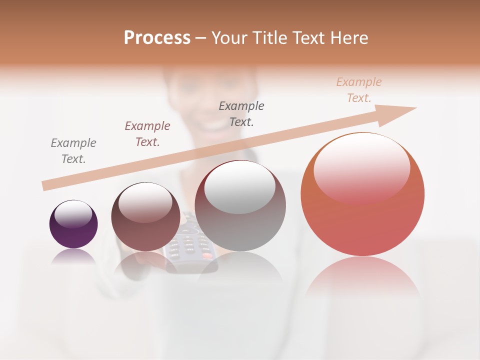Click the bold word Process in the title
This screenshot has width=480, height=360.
(x=157, y=37)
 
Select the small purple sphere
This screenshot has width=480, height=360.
(x=73, y=224)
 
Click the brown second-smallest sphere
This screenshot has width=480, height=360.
(x=145, y=216)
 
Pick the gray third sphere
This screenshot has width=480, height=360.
(x=240, y=206)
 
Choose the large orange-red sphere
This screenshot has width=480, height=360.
(x=362, y=194)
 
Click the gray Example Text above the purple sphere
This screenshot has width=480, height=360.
(x=73, y=151)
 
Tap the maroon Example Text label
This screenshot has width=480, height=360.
(x=147, y=134)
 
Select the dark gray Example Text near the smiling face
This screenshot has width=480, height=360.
(x=241, y=113)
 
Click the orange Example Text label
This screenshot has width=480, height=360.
(x=359, y=90)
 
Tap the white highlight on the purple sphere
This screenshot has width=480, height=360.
(x=73, y=214)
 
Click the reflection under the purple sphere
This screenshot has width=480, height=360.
(x=73, y=257)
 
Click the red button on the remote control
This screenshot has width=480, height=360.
(x=206, y=256)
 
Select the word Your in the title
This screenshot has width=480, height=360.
(x=229, y=37)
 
